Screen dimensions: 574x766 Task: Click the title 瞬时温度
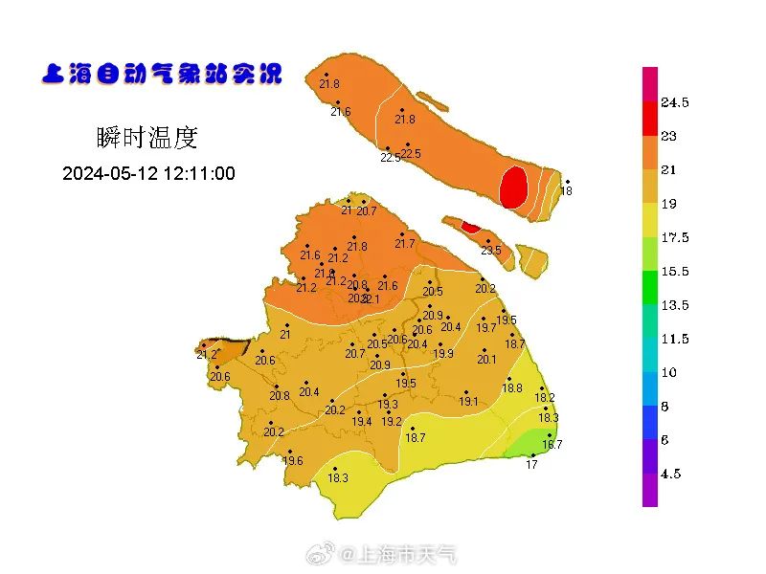tap(146, 138)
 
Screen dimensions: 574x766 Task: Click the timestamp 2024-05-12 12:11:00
tap(148, 174)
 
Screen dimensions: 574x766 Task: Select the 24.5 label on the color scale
tap(675, 102)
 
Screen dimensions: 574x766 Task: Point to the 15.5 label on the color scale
tap(675, 272)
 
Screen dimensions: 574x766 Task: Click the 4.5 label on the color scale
tap(671, 474)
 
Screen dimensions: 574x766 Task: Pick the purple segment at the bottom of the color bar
tap(650, 490)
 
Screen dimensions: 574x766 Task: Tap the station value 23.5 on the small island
tap(490, 251)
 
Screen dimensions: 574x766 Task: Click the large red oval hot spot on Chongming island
tap(514, 188)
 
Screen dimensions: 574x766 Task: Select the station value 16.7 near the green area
tap(552, 444)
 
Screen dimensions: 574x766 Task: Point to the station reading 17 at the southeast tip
tap(531, 465)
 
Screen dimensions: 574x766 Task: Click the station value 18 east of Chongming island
tap(566, 191)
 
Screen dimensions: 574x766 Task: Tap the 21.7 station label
tap(405, 244)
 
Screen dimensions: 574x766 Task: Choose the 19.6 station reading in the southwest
tap(292, 461)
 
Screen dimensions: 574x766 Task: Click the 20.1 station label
tap(486, 360)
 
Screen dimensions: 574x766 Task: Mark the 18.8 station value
tap(512, 387)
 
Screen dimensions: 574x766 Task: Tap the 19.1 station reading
tap(468, 402)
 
